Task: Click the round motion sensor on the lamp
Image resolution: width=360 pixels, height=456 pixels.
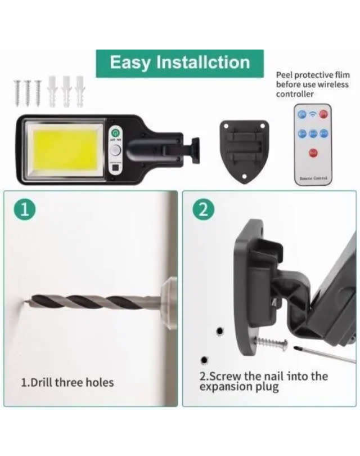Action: pos(116,150)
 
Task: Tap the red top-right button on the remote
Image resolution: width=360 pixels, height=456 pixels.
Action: pos(323,114)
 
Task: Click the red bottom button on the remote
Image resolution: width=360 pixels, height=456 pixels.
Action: pos(313,153)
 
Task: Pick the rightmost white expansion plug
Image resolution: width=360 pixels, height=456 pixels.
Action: pos(80,91)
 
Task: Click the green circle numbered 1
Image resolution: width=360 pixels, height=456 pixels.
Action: pos(25,209)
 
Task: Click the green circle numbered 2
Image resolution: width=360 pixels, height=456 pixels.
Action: pos(203,209)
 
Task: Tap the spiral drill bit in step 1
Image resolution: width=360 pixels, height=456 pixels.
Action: pos(90,302)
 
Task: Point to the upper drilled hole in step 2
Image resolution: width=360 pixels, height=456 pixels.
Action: pos(220,330)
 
